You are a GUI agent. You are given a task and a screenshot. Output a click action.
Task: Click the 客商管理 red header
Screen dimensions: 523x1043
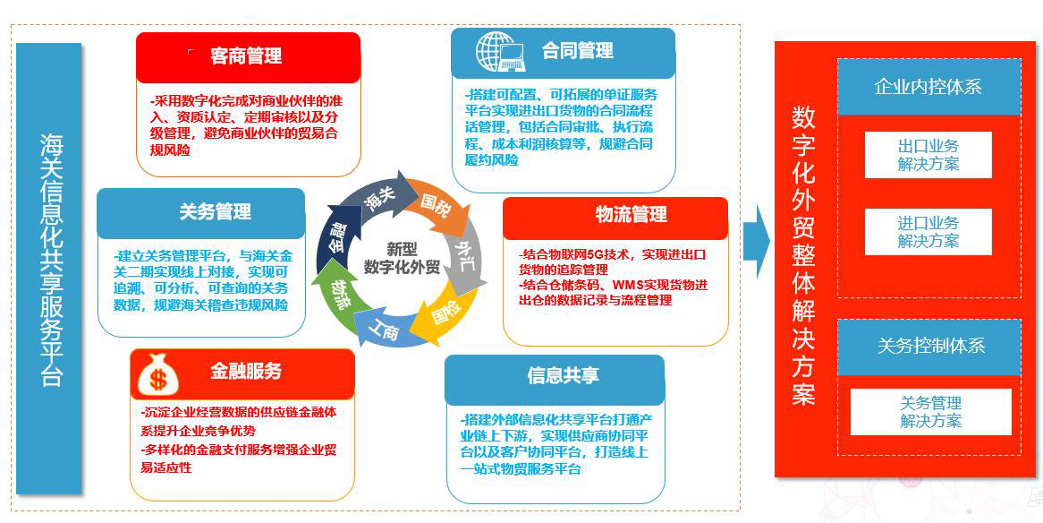click(248, 56)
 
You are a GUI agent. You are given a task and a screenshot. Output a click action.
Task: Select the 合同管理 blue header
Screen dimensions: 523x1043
click(577, 51)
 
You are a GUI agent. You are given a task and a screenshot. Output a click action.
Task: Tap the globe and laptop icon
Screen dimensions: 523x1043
click(500, 51)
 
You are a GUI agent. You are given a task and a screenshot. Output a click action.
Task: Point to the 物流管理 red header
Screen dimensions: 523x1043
click(631, 215)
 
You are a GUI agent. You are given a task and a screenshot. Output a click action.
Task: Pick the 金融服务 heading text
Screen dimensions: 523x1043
click(246, 371)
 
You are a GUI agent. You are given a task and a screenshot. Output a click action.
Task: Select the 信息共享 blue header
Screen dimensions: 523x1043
click(563, 375)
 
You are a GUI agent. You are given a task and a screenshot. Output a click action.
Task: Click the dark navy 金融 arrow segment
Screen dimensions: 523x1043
click(335, 236)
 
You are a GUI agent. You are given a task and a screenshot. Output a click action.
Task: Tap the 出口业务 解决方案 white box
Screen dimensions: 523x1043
click(928, 155)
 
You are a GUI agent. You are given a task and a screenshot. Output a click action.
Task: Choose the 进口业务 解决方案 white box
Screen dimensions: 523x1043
click(928, 232)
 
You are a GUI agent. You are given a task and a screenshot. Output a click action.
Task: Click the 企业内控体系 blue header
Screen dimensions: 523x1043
click(928, 87)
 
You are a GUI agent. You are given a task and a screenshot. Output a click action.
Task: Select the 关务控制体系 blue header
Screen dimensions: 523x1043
click(928, 346)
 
